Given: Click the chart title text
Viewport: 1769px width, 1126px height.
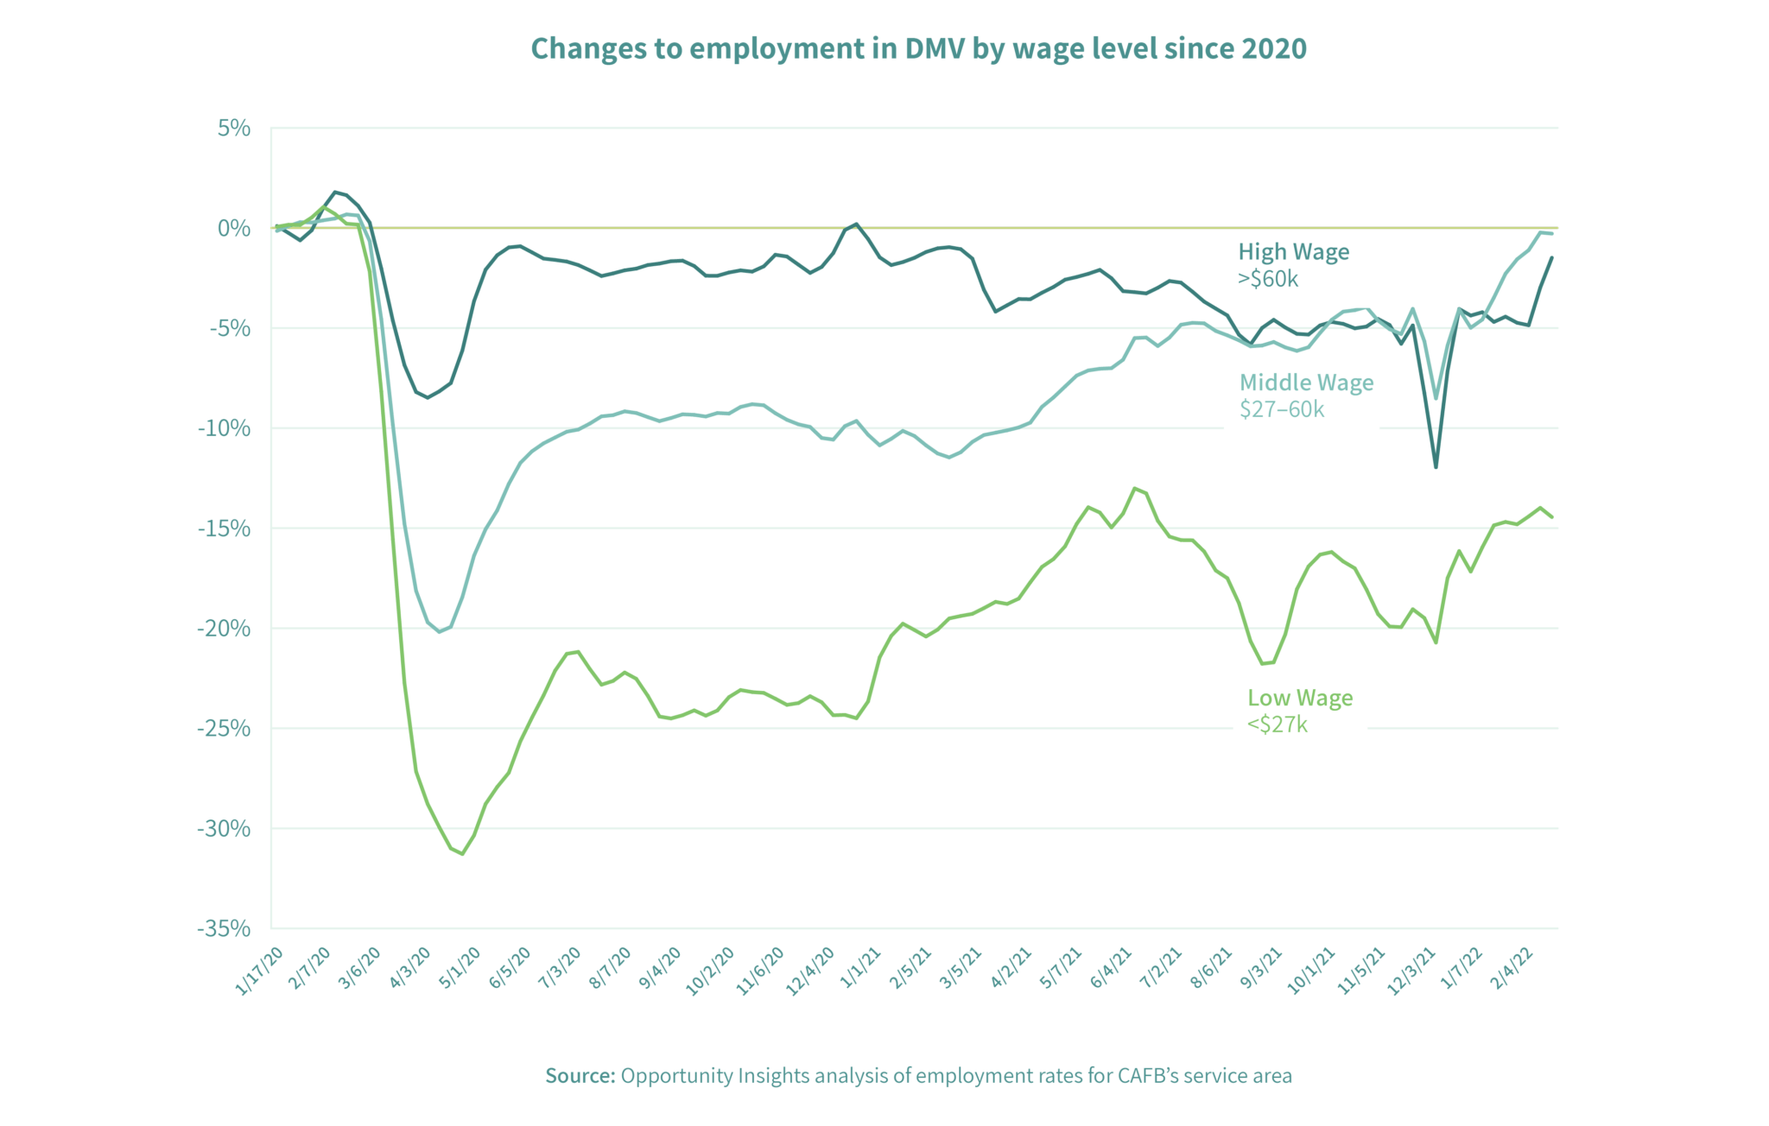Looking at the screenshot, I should pos(918,48).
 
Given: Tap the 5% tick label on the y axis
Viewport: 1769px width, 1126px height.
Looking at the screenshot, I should pos(234,129).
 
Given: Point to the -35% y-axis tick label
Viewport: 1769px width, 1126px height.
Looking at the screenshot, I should pos(224,929).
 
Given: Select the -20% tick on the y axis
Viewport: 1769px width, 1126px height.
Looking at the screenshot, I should pos(224,629).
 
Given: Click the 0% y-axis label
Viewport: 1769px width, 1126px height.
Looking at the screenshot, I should pos(234,229).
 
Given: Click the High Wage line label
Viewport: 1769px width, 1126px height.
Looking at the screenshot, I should pos(1293,252).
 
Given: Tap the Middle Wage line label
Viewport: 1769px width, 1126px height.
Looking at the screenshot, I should pos(1306,383).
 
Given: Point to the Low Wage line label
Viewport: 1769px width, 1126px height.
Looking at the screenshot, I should pos(1300,698).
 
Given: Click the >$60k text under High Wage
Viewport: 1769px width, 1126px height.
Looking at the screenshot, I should pos(1268,279).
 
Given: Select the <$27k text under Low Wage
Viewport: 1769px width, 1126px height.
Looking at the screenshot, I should pos(1278,724).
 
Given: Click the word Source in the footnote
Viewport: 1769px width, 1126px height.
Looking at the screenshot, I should pos(580,1076).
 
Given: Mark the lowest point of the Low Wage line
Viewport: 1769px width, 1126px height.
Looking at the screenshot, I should pos(463,854).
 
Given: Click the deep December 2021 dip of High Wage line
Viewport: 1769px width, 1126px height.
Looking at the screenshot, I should pos(1436,467).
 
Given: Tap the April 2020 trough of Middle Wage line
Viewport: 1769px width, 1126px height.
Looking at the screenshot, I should pos(439,632).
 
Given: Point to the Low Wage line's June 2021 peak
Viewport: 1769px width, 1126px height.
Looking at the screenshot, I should pos(1134,489).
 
